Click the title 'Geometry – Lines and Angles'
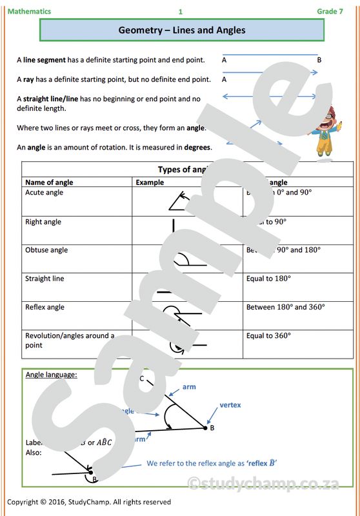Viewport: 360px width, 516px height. pyautogui.click(x=182, y=30)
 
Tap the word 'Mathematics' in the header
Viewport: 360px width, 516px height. pyautogui.click(x=29, y=12)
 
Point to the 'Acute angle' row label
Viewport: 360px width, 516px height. pyautogui.click(x=44, y=193)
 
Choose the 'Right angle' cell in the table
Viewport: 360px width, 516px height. pyautogui.click(x=43, y=222)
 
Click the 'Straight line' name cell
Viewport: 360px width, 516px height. pyautogui.click(x=45, y=279)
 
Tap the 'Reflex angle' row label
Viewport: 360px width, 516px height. pyautogui.click(x=45, y=307)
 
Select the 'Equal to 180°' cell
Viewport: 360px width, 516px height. pyautogui.click(x=268, y=279)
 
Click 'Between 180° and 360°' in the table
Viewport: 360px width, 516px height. pyautogui.click(x=285, y=307)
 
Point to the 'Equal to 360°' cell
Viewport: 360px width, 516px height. pyautogui.click(x=268, y=335)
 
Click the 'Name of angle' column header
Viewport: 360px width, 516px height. pyautogui.click(x=49, y=183)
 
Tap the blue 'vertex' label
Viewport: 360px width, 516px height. pyautogui.click(x=230, y=405)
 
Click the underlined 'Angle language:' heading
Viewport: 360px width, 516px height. pyautogui.click(x=51, y=374)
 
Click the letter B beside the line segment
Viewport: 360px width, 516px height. pyautogui.click(x=319, y=60)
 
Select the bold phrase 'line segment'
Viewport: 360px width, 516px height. pyautogui.click(x=45, y=60)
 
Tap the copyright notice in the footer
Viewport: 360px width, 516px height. pyautogui.click(x=89, y=502)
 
